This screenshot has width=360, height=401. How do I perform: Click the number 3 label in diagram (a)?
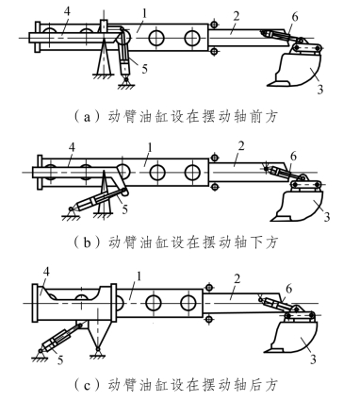pyautogui.click(x=319, y=90)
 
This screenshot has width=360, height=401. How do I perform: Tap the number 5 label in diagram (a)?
pyautogui.click(x=144, y=68)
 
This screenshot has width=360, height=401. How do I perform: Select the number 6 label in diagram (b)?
pyautogui.click(x=293, y=157)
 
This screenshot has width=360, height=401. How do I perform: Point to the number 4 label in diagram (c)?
pyautogui.click(x=46, y=273)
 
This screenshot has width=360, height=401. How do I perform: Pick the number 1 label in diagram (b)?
pyautogui.click(x=150, y=148)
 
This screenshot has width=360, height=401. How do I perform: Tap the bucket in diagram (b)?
pyautogui.click(x=298, y=206)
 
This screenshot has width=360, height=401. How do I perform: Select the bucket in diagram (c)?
pyautogui.click(x=290, y=337)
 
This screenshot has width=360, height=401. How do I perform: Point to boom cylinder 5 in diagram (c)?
pyautogui.click(x=60, y=338)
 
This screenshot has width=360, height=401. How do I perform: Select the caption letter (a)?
pyautogui.click(x=87, y=117)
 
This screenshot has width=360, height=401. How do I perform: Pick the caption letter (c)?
pyautogui.click(x=87, y=385)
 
